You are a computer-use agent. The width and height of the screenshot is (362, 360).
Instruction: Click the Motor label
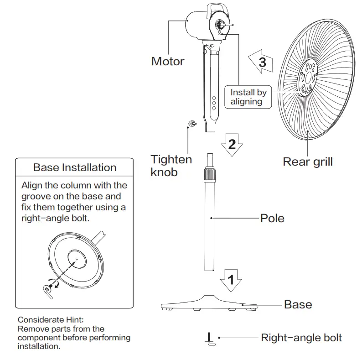pyautogui.click(x=168, y=61)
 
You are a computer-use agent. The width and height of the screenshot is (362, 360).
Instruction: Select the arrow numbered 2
pyautogui.click(x=232, y=145)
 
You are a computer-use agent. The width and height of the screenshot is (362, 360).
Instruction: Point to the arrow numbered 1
pyautogui.click(x=231, y=279)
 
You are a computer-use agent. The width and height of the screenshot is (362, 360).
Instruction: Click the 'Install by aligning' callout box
pyautogui.click(x=248, y=97)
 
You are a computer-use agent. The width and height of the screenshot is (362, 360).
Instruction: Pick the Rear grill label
pyautogui.click(x=308, y=162)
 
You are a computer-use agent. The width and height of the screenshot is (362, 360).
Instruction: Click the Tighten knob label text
pyautogui.click(x=171, y=166)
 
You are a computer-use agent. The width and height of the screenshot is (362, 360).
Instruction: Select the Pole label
pyautogui.click(x=272, y=218)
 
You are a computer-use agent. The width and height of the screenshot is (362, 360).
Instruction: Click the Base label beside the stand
pyautogui.click(x=298, y=304)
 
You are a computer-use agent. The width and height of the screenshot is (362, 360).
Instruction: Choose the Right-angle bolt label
pyautogui.click(x=301, y=338)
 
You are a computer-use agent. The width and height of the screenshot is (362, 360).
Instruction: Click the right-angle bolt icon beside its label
pyautogui.click(x=210, y=338)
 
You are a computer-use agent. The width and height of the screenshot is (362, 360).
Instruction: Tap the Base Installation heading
pyautogui.click(x=75, y=167)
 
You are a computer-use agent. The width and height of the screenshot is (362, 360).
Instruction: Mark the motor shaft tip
pyautogui.click(x=233, y=25)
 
